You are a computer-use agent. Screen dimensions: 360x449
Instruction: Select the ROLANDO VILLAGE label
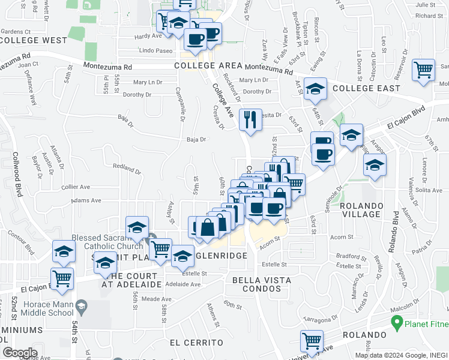(361, 210)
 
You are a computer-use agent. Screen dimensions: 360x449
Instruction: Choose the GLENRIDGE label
(221, 256)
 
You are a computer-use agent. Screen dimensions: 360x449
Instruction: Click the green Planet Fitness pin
(396, 324)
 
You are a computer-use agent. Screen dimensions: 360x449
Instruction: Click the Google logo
(20, 353)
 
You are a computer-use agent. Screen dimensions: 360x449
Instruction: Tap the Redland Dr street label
(126, 168)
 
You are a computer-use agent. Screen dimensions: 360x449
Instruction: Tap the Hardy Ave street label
(148, 37)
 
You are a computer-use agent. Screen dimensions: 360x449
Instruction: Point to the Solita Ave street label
(428, 190)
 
